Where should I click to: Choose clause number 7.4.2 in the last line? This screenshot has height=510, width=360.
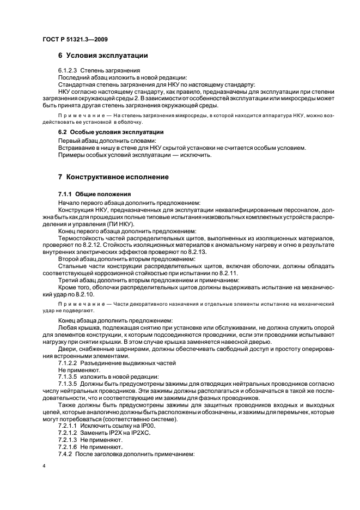tap(65, 454)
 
